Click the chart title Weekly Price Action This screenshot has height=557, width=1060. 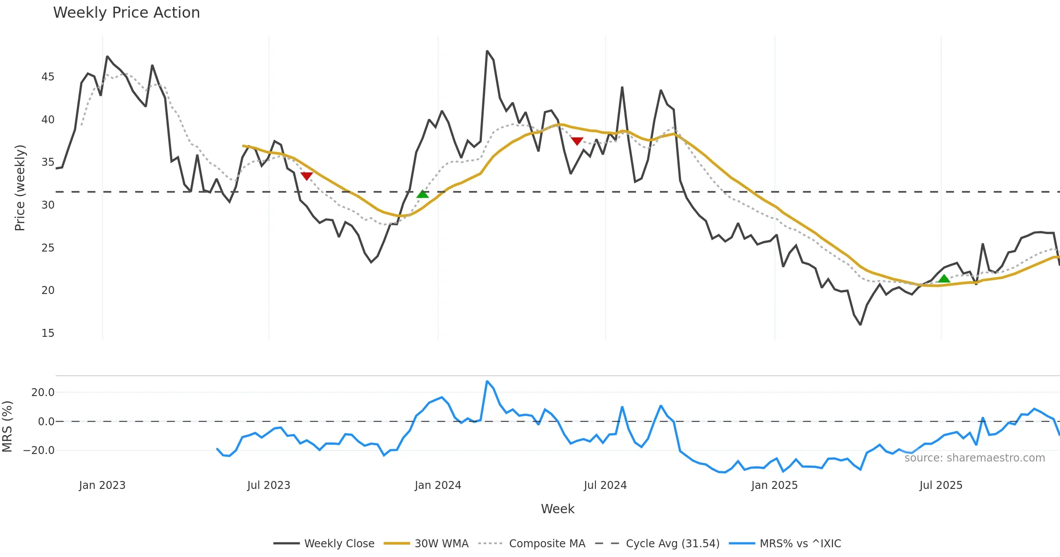(x=126, y=13)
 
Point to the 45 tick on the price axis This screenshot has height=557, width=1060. (x=48, y=77)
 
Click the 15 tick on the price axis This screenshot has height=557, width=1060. (x=48, y=333)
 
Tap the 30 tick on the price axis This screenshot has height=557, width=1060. (x=48, y=205)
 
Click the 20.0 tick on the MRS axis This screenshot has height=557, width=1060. (x=43, y=393)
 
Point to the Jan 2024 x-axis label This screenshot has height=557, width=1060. (x=438, y=485)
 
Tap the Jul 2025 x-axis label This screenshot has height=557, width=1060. (x=941, y=485)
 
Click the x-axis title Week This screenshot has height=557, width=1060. (x=557, y=509)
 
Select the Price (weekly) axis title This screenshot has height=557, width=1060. (x=20, y=188)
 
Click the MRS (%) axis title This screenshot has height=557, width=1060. (x=7, y=427)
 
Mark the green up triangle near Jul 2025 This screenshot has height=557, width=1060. (x=944, y=278)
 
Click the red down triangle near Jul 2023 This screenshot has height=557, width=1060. (x=307, y=176)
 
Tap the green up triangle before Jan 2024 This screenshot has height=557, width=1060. (x=423, y=194)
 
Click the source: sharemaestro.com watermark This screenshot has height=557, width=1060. (x=974, y=458)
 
